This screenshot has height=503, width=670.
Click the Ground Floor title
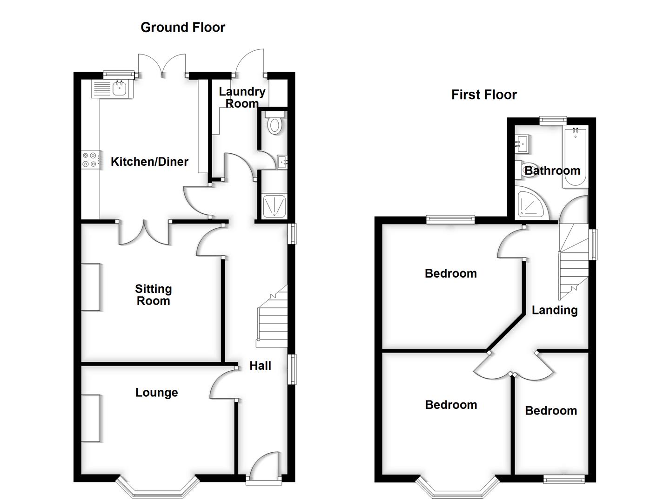tap(182, 27)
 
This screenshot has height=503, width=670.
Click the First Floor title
tap(484, 95)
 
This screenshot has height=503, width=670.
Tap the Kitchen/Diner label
tap(149, 162)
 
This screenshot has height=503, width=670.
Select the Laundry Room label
tap(242, 97)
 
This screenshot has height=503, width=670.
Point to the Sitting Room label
tap(153, 295)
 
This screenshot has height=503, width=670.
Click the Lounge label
tap(156, 393)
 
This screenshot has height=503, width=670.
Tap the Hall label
tap(260, 366)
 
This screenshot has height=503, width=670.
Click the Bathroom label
tap(552, 170)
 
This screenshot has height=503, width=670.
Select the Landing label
tap(555, 310)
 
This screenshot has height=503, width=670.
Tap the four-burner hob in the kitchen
tap(90, 159)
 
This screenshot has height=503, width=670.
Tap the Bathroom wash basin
tap(522, 143)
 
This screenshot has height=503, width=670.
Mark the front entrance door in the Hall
tap(264, 466)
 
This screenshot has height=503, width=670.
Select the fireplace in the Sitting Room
tap(91, 287)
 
